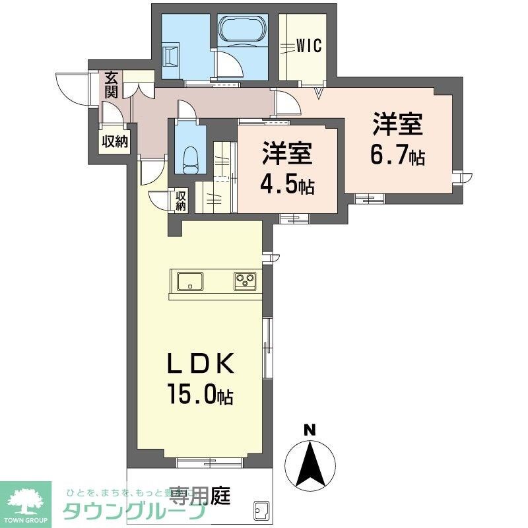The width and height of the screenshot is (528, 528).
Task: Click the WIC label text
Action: coord(308,46)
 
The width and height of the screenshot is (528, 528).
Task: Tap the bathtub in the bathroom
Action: coord(242,29)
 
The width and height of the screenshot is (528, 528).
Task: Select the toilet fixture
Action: coord(189,158)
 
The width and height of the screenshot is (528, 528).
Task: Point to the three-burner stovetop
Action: coord(246,280)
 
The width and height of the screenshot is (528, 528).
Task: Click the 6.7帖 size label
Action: coord(397,157)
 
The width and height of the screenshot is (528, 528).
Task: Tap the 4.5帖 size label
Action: coord(287,186)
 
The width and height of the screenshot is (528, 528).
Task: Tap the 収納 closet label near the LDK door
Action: coord(181,201)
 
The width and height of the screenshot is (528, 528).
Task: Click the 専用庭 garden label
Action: coord(199,495)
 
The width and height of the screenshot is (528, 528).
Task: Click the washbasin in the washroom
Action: coord(170,55)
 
